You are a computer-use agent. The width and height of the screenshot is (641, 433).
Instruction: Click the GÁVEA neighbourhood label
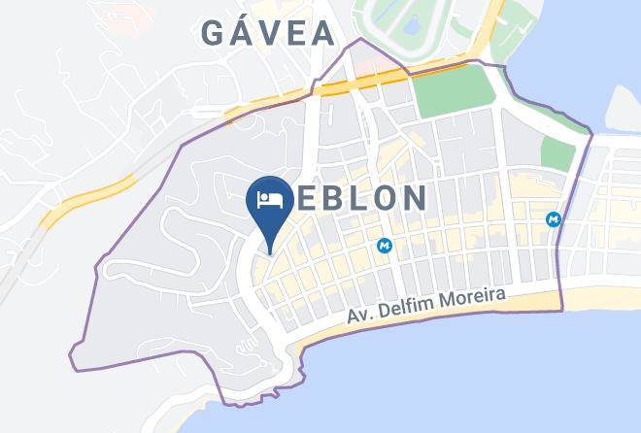click(268, 32)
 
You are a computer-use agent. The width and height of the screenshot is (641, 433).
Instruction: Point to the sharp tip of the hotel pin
click(270, 253)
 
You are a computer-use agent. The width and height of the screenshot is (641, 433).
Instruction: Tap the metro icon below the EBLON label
click(386, 247)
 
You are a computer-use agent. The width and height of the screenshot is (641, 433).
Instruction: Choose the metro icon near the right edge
click(555, 219)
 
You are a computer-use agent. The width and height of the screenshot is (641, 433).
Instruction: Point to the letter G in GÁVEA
click(214, 33)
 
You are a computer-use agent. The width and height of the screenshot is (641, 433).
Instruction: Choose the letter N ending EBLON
click(414, 199)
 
